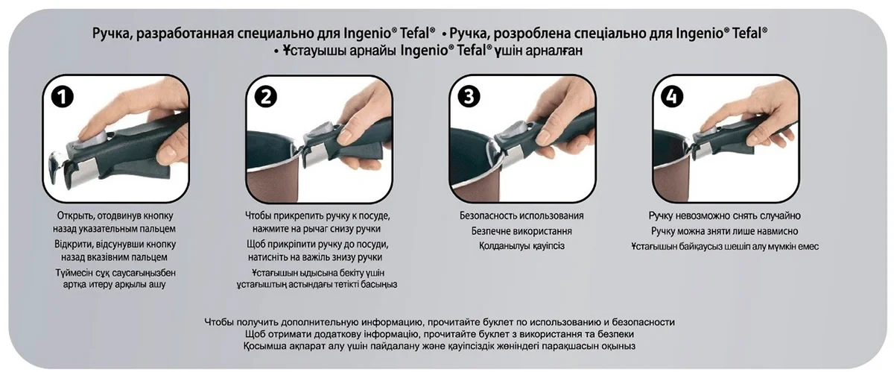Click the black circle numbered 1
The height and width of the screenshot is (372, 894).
(x=63, y=97)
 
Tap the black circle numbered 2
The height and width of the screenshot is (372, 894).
(x=266, y=97)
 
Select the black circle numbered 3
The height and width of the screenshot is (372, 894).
(x=469, y=97)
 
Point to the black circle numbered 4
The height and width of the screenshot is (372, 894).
(x=672, y=97)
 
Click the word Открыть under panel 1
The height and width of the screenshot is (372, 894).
(x=76, y=215)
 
